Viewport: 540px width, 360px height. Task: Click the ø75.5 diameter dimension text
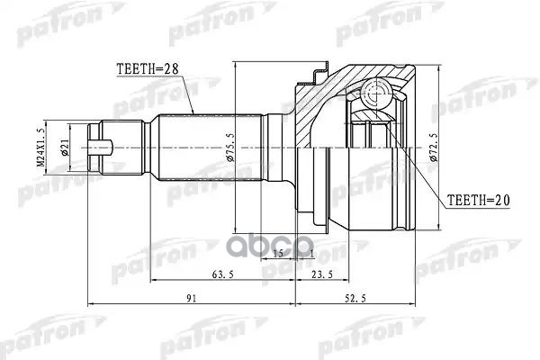click(x=231, y=144)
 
